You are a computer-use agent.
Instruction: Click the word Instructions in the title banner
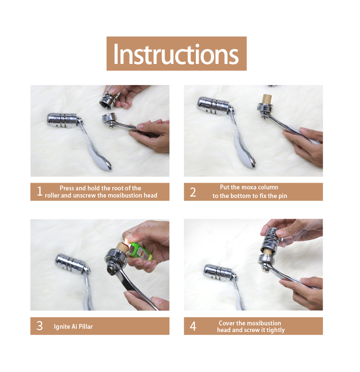tap(176, 54)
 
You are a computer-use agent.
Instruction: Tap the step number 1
tap(39, 191)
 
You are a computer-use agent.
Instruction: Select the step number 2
tap(193, 192)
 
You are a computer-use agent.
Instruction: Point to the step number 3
tap(39, 326)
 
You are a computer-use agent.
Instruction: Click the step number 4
tap(193, 326)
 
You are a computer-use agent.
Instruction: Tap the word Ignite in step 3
tap(62, 327)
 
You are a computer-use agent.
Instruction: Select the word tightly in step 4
tap(275, 330)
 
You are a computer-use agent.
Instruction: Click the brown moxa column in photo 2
tap(266, 99)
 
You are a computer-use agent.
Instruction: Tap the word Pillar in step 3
tap(85, 326)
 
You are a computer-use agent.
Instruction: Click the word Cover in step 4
tap(227, 323)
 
